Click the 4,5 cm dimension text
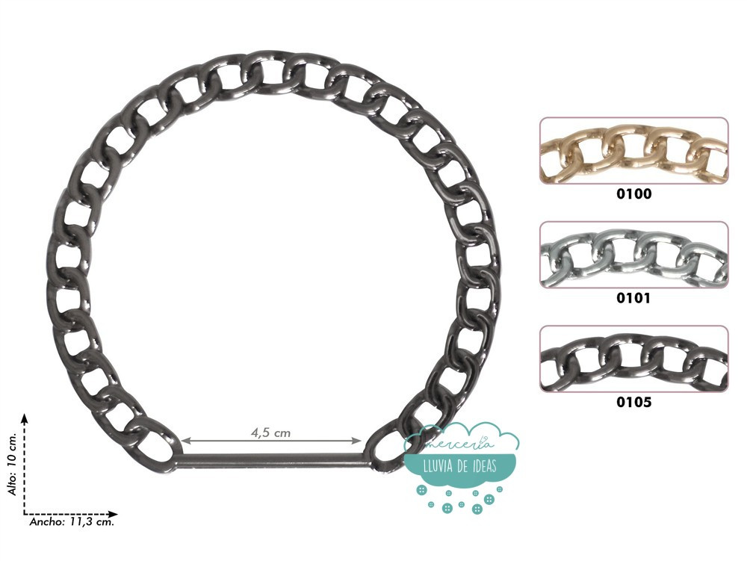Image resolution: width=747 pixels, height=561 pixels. click(x=270, y=433)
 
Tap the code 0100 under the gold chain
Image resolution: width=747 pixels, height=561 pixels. click(x=633, y=193)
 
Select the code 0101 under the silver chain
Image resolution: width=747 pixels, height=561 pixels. click(x=633, y=298)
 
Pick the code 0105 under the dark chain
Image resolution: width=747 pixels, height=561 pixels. click(x=633, y=403)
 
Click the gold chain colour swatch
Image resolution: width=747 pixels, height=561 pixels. click(x=633, y=150)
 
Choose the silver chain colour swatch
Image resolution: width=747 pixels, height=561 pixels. click(x=633, y=255)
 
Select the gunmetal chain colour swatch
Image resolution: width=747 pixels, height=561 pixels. click(x=633, y=359)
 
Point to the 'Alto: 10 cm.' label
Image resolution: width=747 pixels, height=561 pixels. click(x=12, y=464)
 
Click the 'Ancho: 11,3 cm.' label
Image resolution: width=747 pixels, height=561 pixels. click(x=72, y=522)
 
